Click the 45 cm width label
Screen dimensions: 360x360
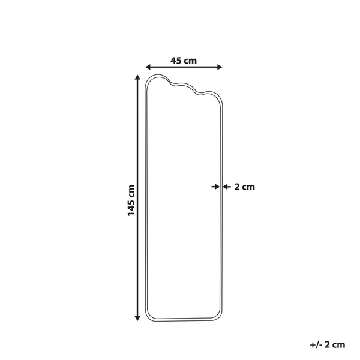(x=184, y=60)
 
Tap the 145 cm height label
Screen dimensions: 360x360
(x=131, y=201)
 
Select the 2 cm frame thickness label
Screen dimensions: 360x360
(x=244, y=187)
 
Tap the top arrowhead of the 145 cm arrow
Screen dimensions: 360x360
(x=139, y=78)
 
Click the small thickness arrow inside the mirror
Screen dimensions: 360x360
(x=215, y=187)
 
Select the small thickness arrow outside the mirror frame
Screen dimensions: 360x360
(x=227, y=187)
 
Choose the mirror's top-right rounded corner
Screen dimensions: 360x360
(x=218, y=102)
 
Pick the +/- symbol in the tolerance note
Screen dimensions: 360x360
(x=314, y=344)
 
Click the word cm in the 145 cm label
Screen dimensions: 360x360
(x=131, y=191)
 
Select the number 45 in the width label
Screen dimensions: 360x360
(x=176, y=60)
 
